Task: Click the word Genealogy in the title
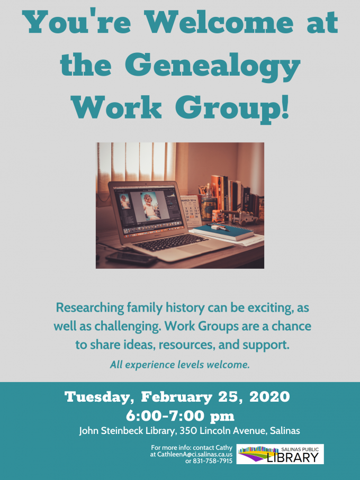point(213,67)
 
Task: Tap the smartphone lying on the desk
point(131,258)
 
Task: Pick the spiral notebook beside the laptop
point(223,232)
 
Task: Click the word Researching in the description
point(90,307)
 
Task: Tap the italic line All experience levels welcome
point(180,365)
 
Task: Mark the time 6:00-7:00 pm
point(180,416)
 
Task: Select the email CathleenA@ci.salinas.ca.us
point(195,455)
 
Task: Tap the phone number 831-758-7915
point(212,461)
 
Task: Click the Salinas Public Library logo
point(280,454)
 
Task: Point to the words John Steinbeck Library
point(127,431)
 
